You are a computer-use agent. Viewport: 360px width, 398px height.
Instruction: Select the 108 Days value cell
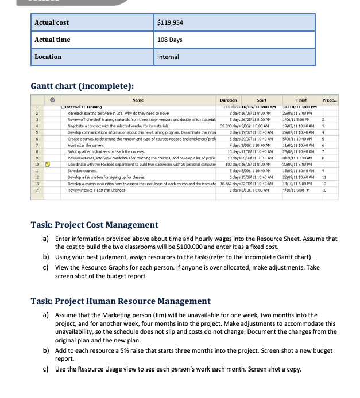169,40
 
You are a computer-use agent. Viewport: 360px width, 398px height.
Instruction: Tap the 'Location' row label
48,57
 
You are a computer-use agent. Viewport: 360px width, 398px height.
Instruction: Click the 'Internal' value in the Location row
168,57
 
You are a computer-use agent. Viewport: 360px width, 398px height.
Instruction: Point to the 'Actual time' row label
52,40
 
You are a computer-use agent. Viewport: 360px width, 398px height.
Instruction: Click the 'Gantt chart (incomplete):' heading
82,86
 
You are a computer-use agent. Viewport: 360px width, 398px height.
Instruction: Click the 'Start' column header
261,100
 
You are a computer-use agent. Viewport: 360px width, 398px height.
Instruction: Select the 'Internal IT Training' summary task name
83,107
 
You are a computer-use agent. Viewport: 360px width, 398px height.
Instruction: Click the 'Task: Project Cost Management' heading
94,225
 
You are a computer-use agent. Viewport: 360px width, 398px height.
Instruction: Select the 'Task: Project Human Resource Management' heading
121,301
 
